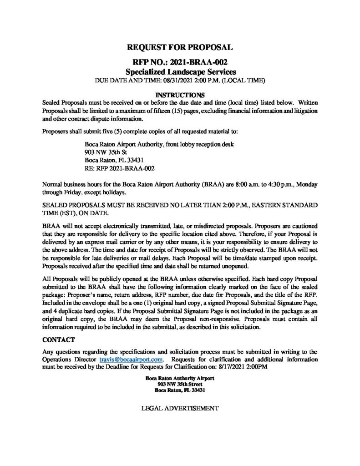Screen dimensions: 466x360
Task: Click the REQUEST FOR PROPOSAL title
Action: (x=180, y=47)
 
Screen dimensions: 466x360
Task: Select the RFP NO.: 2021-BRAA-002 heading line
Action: (x=180, y=62)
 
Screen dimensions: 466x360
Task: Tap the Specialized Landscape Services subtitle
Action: (x=180, y=72)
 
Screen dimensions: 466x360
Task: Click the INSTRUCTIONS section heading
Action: (x=180, y=96)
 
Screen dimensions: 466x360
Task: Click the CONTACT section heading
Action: (x=57, y=340)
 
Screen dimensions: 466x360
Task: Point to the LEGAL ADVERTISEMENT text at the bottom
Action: (x=180, y=408)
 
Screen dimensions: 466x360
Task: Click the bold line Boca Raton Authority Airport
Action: (x=180, y=378)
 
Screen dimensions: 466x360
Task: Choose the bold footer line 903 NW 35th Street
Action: (x=180, y=384)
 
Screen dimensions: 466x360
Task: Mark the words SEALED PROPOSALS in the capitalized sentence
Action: (x=73, y=206)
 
